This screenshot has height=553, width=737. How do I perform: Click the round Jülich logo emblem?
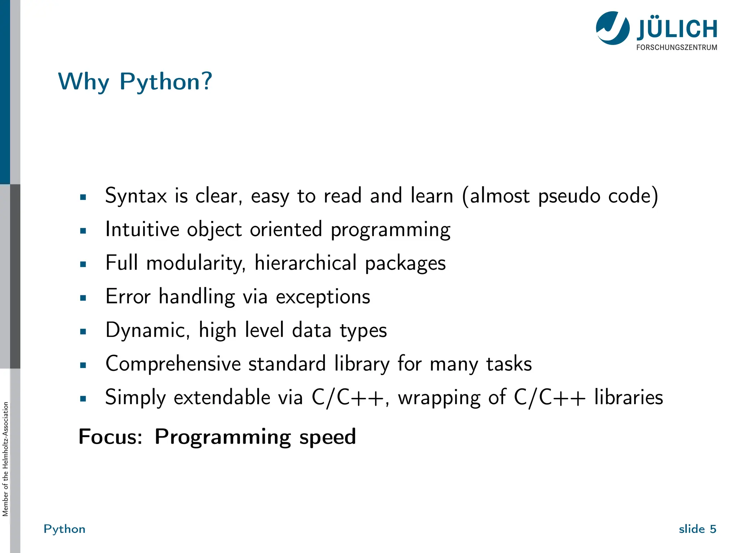tap(612, 28)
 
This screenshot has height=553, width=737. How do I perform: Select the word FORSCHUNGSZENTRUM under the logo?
tap(677, 48)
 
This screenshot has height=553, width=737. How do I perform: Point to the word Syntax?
tap(136, 197)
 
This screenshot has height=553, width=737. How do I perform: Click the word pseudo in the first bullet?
tap(569, 197)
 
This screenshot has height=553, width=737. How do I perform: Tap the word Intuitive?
tap(142, 230)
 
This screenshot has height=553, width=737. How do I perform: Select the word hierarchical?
tap(306, 263)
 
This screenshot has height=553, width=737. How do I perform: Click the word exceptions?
tap(323, 297)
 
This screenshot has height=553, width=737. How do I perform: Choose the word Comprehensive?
tap(173, 364)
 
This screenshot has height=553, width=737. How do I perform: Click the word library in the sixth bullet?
tap(362, 364)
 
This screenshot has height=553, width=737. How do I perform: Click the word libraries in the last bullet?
tap(628, 397)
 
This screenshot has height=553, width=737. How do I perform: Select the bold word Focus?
tap(110, 437)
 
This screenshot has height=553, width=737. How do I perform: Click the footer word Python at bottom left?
tap(64, 529)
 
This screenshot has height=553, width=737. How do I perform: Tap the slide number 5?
tap(713, 529)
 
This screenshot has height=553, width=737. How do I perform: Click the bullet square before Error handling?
tap(83, 298)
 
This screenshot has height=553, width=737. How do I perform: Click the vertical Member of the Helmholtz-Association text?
tap(5, 459)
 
